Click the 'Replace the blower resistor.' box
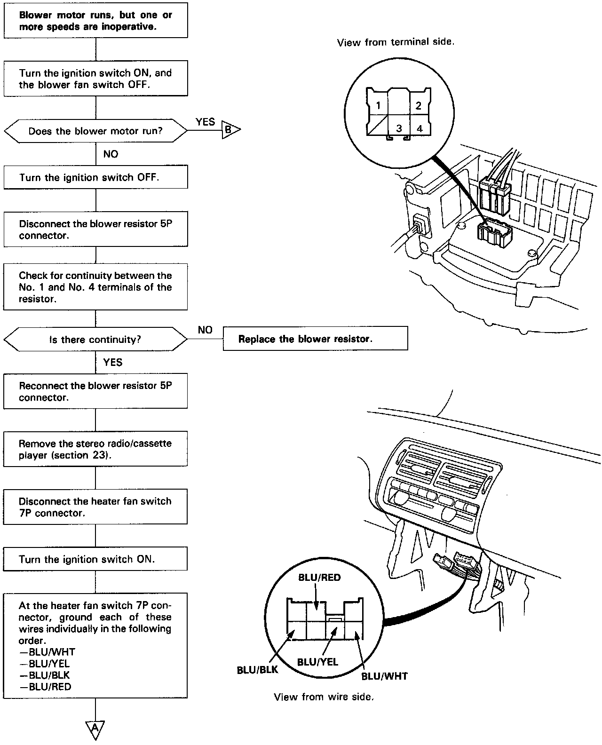(x=315, y=339)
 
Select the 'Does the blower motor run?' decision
(x=95, y=131)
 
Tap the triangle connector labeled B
(x=230, y=130)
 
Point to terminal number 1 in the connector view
(x=379, y=106)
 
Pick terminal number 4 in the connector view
(x=420, y=128)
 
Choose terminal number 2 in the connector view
(x=419, y=105)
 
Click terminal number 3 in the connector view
(x=399, y=128)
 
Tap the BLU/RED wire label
(x=319, y=578)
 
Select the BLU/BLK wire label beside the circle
(x=257, y=670)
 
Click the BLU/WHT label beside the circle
(x=384, y=676)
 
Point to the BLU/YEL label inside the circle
(x=317, y=662)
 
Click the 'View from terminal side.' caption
(x=396, y=42)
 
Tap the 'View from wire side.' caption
(x=324, y=697)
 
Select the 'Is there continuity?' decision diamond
(x=95, y=339)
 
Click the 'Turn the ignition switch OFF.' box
(x=95, y=177)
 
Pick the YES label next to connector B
(x=205, y=122)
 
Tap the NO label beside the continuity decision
(x=205, y=330)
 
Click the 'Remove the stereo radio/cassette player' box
(x=95, y=449)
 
